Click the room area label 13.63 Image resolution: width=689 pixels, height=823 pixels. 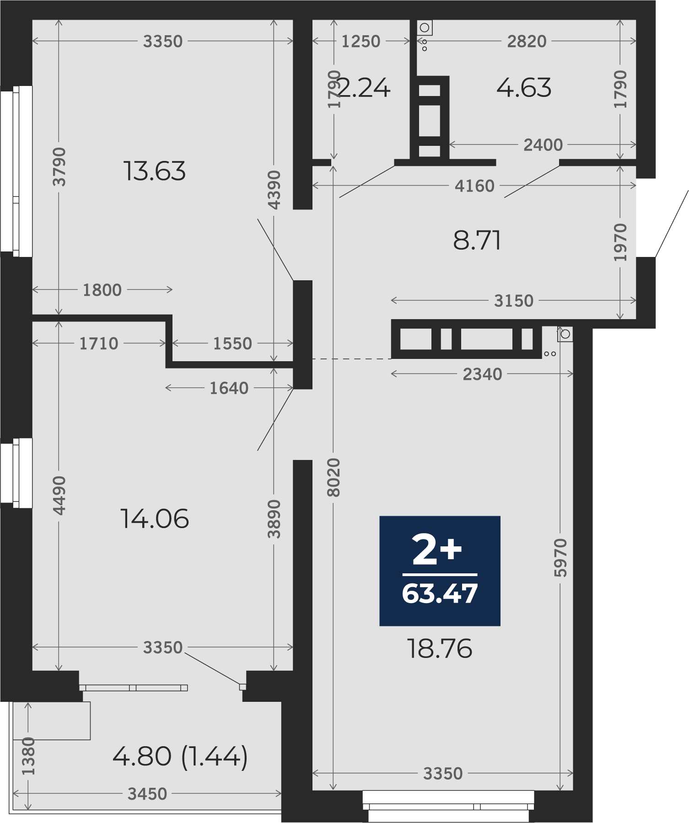[155, 171]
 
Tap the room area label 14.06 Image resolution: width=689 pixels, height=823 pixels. [155, 519]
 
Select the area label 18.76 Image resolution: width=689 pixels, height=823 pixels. [440, 649]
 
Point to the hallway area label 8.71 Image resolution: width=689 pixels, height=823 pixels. [477, 240]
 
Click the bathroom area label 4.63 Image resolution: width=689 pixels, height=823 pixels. [524, 88]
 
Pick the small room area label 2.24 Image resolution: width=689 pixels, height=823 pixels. [364, 88]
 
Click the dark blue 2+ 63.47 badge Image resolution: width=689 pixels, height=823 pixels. [440, 571]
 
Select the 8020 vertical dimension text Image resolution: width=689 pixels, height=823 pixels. [334, 477]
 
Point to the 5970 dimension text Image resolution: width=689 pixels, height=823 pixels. [560, 557]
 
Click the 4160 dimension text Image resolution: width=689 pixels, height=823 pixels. [474, 186]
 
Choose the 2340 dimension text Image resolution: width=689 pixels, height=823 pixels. [482, 374]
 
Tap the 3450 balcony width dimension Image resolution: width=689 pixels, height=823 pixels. [147, 794]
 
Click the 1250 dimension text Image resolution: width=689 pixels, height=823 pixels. [361, 42]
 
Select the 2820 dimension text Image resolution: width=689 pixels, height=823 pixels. [527, 42]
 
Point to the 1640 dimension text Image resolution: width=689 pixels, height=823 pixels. [229, 388]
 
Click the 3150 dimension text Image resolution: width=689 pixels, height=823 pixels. [514, 301]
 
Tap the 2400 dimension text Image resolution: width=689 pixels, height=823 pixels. [543, 145]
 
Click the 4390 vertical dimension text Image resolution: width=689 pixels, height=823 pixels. [274, 190]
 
